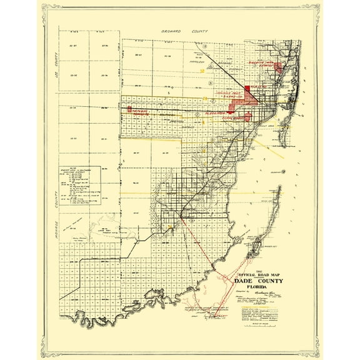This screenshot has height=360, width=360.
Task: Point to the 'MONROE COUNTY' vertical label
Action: tap(55, 209)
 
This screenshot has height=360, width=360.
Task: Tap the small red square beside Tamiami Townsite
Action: tap(129, 109)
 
